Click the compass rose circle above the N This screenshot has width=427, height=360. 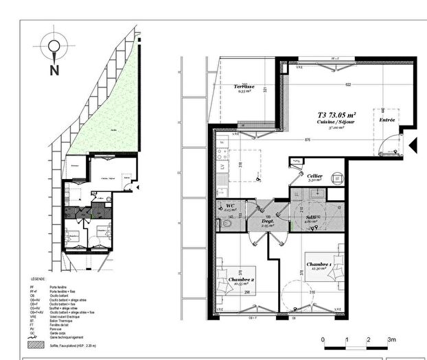click(53, 47)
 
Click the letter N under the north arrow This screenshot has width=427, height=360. click(53, 69)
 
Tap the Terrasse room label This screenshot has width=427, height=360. click(243, 87)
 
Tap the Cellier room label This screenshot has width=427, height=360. click(315, 176)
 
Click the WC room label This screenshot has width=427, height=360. click(230, 205)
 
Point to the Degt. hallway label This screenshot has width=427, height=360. click(268, 221)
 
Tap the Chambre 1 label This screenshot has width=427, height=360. click(319, 264)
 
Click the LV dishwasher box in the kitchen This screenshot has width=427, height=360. click(222, 167)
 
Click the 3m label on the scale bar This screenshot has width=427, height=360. click(392, 340)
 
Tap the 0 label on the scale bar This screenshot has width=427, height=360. click(323, 340)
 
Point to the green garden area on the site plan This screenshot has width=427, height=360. click(110, 117)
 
